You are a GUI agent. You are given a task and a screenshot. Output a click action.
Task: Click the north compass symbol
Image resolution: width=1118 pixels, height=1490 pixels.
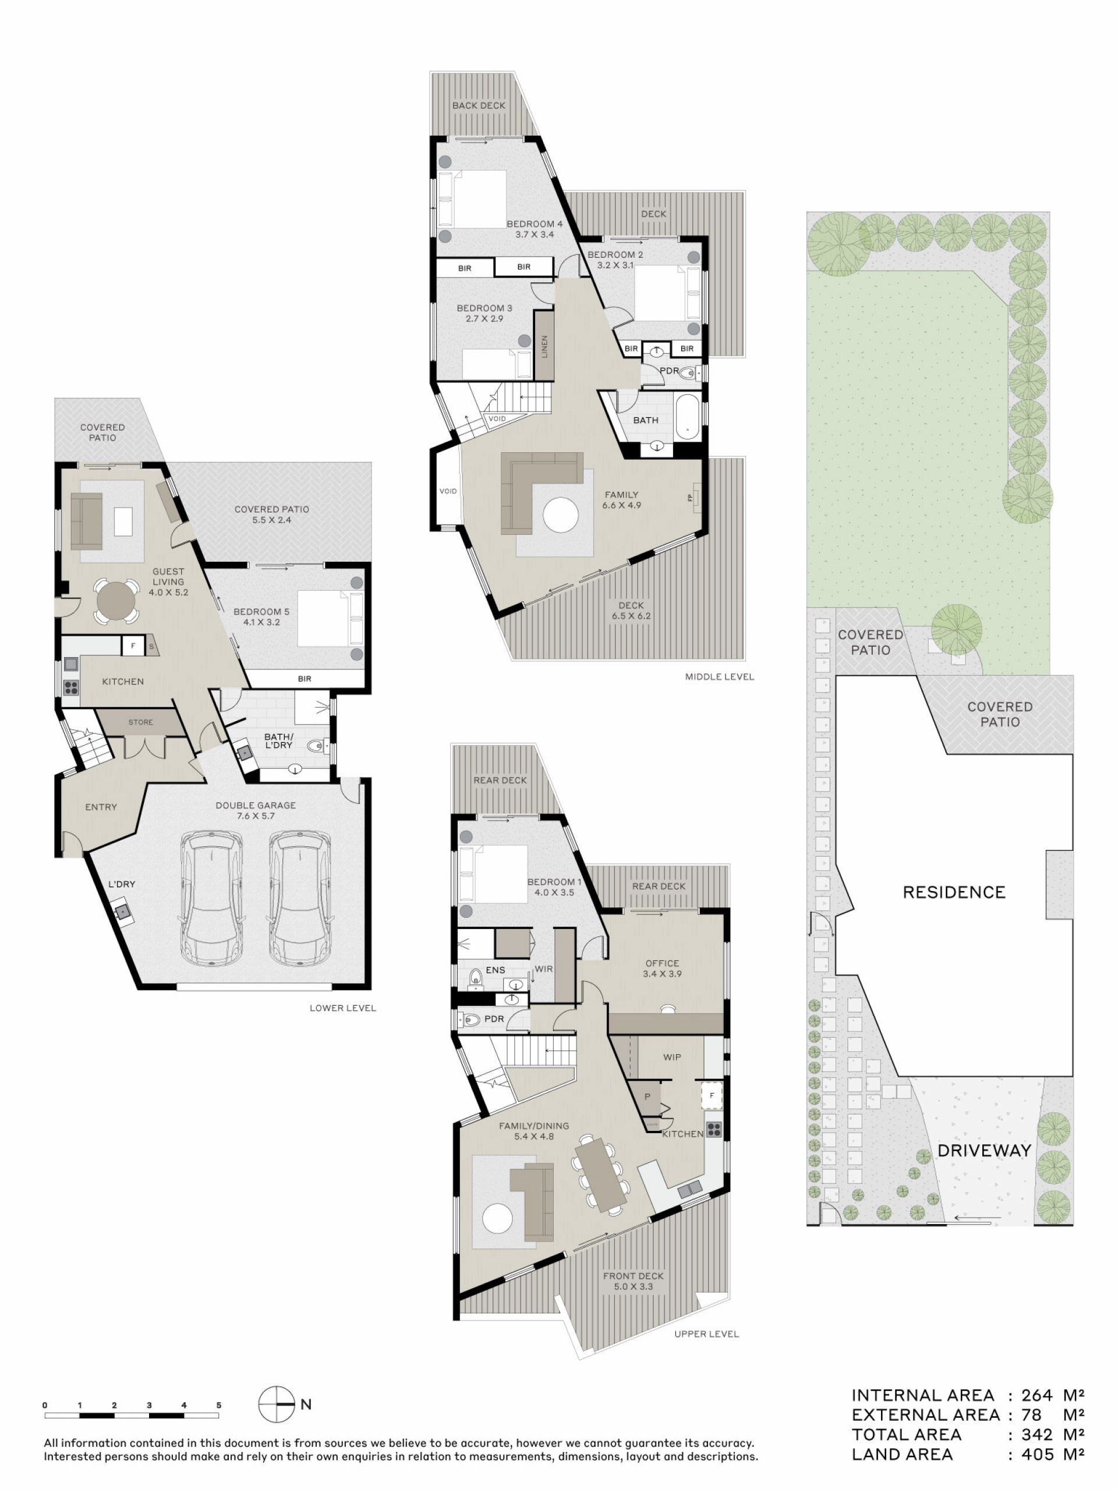point(277,1404)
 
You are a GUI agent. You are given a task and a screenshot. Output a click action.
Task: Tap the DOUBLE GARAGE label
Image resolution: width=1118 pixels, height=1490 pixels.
point(256,805)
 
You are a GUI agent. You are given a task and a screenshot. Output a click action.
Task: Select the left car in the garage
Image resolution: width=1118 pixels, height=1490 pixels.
point(211,899)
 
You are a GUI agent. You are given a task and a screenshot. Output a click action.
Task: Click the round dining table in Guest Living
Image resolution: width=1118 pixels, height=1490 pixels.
point(116,600)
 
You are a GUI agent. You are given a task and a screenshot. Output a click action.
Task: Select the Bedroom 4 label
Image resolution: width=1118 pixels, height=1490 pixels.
point(535,223)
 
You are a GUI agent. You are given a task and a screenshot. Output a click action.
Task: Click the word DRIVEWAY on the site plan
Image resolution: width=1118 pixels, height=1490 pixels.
point(984,1150)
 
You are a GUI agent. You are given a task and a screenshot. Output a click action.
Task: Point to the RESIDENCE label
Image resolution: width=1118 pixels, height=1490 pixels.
point(954,892)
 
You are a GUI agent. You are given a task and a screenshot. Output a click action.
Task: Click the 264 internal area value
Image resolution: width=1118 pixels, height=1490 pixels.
point(1036,1395)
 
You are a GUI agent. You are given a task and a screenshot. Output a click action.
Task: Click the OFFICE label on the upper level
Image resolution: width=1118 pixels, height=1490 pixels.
point(661,963)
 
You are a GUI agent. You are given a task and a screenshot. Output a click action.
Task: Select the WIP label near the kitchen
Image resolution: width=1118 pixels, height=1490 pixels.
point(672,1057)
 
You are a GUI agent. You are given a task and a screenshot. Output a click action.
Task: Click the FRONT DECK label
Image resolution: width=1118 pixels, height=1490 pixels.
point(633,1276)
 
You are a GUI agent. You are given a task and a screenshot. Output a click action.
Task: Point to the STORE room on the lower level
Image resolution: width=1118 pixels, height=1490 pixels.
point(141,722)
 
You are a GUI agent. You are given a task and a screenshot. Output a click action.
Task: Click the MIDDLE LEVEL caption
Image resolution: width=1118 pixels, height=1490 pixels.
point(719,676)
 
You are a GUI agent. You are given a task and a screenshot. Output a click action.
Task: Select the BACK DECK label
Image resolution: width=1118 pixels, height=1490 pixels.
point(479,105)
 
